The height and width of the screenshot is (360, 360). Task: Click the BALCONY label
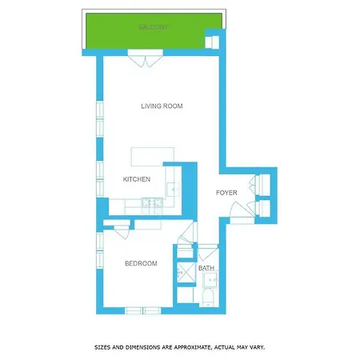click(153, 27)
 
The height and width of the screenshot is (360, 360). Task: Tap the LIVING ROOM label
click(162, 106)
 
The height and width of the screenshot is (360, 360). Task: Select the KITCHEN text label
click(137, 179)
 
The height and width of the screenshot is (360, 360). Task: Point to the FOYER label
click(226, 193)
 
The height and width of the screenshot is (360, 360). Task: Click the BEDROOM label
click(141, 263)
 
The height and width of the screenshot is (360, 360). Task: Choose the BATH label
click(206, 268)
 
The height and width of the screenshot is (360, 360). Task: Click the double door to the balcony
click(146, 58)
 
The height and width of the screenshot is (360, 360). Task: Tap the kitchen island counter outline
click(153, 157)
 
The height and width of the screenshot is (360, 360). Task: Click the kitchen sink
click(174, 190)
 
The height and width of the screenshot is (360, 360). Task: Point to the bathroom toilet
click(208, 298)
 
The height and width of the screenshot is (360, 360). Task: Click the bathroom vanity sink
click(210, 279)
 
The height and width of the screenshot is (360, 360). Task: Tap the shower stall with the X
click(186, 273)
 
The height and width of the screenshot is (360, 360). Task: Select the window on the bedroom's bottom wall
click(143, 310)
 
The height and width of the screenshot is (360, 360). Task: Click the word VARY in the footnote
click(257, 347)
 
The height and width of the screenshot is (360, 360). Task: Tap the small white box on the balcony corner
click(212, 42)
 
